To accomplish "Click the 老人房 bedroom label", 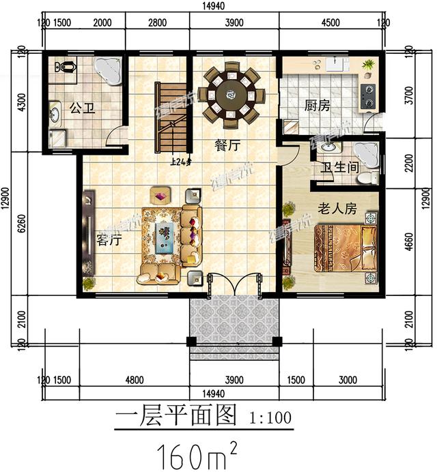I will [x=337, y=209].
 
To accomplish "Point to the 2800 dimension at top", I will [x=156, y=23].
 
